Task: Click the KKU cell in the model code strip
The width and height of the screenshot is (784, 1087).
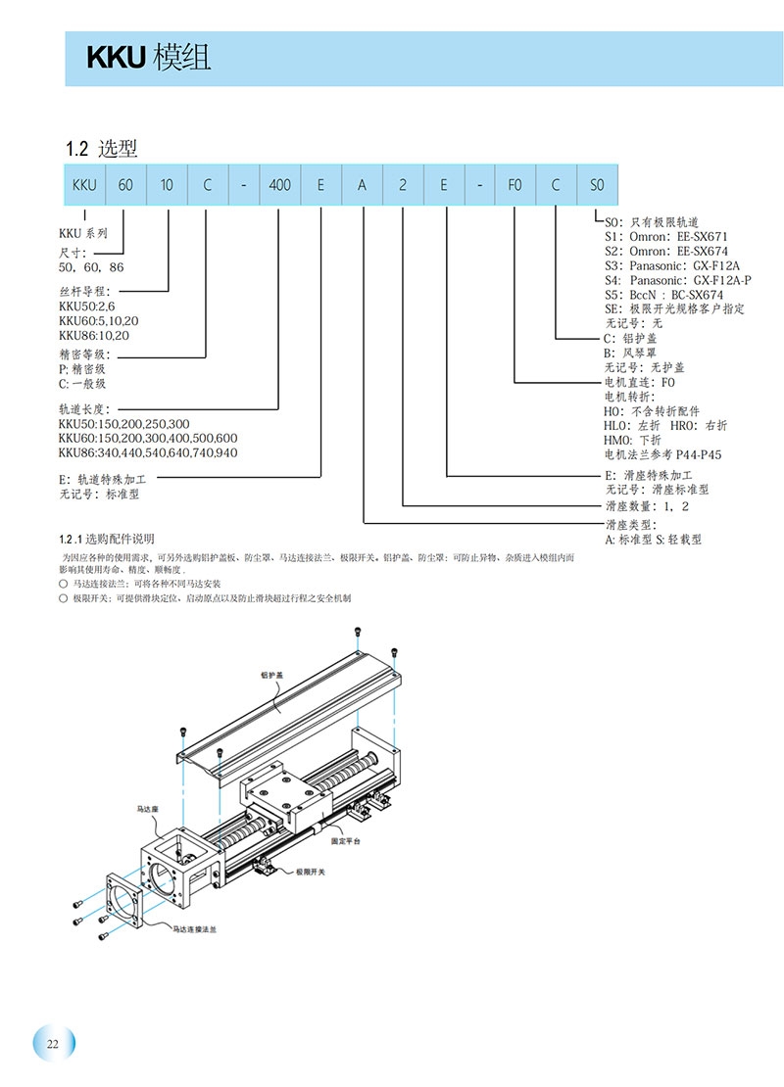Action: point(84,184)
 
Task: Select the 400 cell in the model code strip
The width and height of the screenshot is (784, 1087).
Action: point(279,184)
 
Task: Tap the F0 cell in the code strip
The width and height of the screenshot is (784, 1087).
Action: point(514,184)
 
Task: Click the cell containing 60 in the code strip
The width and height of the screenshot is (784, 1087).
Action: point(125,184)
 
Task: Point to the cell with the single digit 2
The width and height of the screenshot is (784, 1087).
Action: point(403,184)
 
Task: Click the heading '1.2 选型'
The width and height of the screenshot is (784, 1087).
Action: point(101,149)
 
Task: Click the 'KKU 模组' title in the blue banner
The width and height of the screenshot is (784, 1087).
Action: point(148,59)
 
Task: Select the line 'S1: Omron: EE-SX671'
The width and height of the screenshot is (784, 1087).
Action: point(666,236)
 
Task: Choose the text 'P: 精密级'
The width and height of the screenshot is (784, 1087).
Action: point(82,369)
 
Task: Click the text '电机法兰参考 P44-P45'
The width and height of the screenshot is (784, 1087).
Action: point(662,454)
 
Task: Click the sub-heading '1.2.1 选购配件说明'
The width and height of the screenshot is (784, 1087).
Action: point(106,539)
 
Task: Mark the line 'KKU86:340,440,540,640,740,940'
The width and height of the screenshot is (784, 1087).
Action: point(147,452)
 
